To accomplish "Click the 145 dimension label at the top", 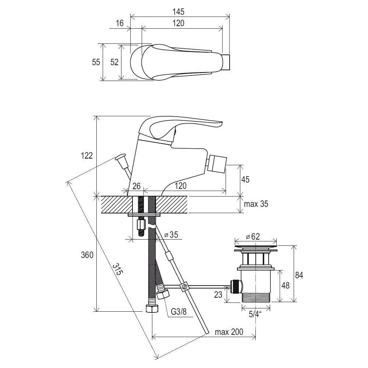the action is (x=178, y=11).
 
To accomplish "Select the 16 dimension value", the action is (x=120, y=23).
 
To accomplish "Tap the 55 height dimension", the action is (x=96, y=62).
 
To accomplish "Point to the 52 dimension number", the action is (x=114, y=62).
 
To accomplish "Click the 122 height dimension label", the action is (x=87, y=156).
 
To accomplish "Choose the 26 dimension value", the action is (x=137, y=186).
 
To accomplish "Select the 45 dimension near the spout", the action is (x=245, y=180).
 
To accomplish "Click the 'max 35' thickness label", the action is (x=256, y=204).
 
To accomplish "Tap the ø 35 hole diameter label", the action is (x=171, y=234).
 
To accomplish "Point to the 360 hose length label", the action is (x=87, y=255).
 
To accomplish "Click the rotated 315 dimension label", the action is (x=118, y=270).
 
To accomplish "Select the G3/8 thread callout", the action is (x=178, y=312).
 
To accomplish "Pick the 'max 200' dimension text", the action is (x=229, y=332).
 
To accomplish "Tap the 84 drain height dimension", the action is (x=299, y=275).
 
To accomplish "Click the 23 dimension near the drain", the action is (x=218, y=294).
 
